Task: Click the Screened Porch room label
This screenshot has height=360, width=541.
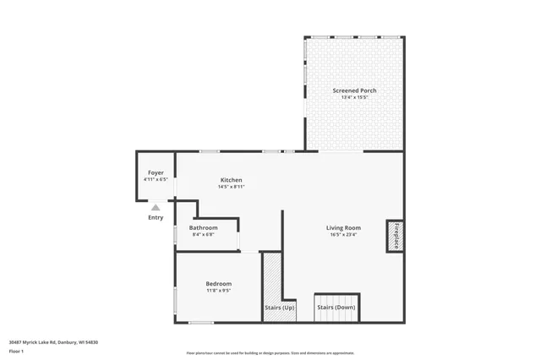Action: [x=354, y=90]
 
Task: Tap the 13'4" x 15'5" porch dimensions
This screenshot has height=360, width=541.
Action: [x=354, y=97]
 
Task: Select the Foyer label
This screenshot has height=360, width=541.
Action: [x=156, y=172]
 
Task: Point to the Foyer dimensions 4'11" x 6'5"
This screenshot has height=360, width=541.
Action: [x=156, y=179]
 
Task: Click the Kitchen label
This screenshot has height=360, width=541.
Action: [x=232, y=180]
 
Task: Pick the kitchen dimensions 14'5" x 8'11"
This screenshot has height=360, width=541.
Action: [x=232, y=187]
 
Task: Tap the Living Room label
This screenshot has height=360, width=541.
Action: [x=344, y=227]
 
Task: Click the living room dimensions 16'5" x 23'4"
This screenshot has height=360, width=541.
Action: [x=344, y=234]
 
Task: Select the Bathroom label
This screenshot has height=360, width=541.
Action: [x=203, y=227]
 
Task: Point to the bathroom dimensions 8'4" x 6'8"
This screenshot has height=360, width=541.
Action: [x=203, y=234]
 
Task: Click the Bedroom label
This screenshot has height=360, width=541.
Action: [x=218, y=283]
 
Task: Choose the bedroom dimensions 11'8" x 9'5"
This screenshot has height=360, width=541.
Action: [x=218, y=290]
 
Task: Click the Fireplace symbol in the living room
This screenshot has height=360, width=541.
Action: [x=395, y=235]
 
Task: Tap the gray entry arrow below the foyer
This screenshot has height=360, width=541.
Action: [x=156, y=206]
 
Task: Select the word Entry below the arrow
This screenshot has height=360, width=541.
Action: [x=156, y=217]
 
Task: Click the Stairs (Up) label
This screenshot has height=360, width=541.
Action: [x=280, y=308]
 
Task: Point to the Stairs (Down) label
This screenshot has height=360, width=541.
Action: [x=336, y=308]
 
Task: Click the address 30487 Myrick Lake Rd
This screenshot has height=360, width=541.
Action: [x=53, y=342]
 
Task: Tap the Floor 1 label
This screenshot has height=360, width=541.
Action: [x=16, y=351]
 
